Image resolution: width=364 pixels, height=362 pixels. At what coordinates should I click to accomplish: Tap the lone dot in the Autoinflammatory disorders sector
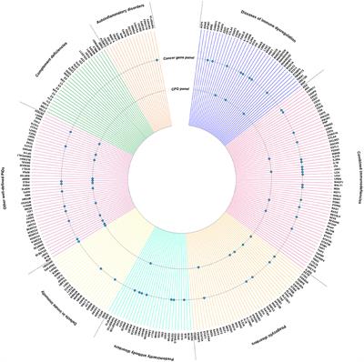click(157, 59)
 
